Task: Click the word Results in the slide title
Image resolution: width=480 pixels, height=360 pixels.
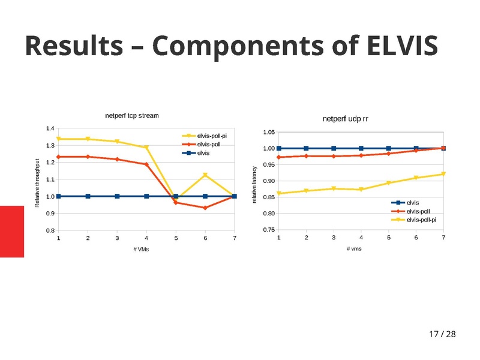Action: click(x=77, y=47)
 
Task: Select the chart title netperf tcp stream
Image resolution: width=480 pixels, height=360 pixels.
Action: click(x=132, y=115)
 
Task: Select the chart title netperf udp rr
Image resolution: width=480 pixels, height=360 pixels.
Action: click(x=345, y=119)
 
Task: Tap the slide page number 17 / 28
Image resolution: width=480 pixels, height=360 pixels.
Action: click(x=442, y=334)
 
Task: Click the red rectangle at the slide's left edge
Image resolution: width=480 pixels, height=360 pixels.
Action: click(x=11, y=231)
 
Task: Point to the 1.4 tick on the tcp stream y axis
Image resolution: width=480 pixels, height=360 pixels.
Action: click(x=50, y=128)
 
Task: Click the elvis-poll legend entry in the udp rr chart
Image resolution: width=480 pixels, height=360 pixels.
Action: click(x=418, y=211)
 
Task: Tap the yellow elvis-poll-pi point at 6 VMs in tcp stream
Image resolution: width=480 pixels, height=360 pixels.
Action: click(x=205, y=175)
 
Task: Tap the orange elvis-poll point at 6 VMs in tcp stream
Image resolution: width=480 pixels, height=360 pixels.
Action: click(x=205, y=208)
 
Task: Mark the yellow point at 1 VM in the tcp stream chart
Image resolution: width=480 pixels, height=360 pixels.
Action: click(x=58, y=139)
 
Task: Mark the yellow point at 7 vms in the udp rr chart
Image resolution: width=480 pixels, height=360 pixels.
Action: click(x=443, y=174)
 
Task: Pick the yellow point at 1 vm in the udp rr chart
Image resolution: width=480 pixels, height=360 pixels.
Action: click(x=279, y=193)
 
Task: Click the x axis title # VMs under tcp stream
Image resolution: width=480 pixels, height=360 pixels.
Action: click(x=141, y=249)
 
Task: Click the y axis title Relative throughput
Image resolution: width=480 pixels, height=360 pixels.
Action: click(x=37, y=184)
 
